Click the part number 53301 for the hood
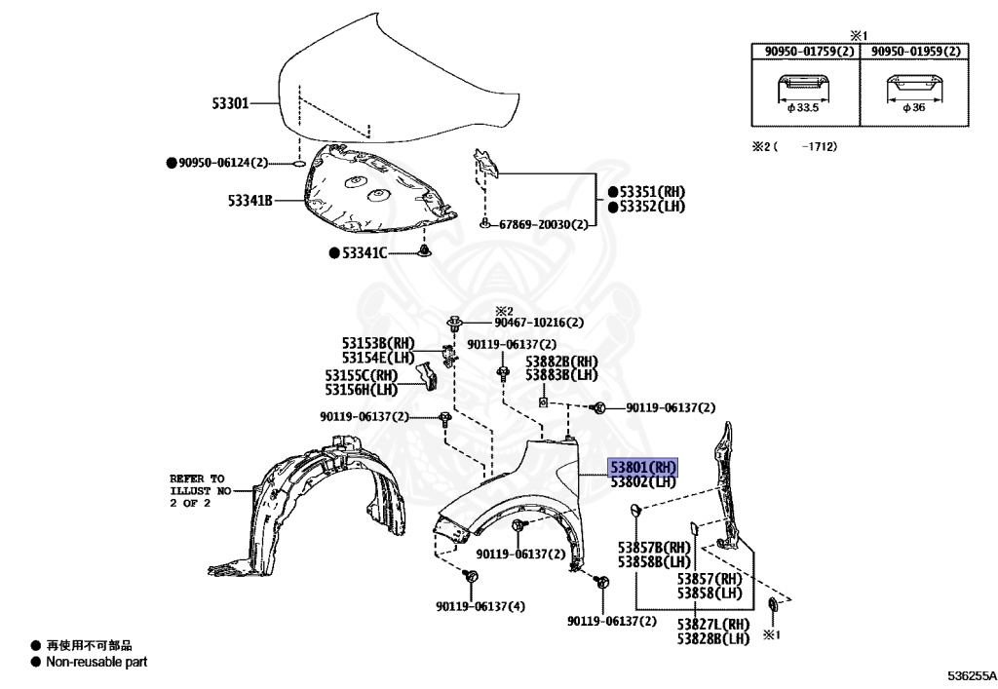pyautogui.click(x=231, y=101)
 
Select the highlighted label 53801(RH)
pyautogui.click(x=642, y=468)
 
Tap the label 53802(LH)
pyautogui.click(x=642, y=481)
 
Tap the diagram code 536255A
pyautogui.click(x=969, y=674)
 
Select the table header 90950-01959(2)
pyautogui.click(x=914, y=52)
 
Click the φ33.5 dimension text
pyautogui.click(x=804, y=108)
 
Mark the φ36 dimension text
pyautogui.click(x=913, y=108)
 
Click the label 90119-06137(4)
pyautogui.click(x=480, y=606)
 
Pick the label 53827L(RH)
pyautogui.click(x=713, y=625)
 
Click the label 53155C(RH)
pyautogui.click(x=362, y=375)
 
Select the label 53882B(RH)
pyautogui.click(x=561, y=362)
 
